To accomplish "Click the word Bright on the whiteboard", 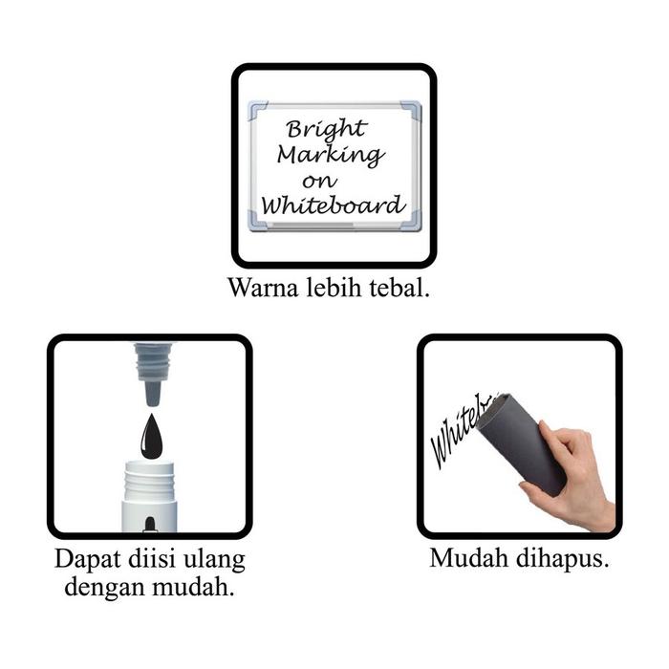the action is (x=327, y=129).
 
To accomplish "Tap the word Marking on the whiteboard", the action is (x=331, y=155).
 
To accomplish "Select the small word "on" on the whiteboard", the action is (x=319, y=182).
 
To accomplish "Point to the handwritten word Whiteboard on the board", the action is (x=333, y=205).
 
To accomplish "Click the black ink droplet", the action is (x=151, y=438).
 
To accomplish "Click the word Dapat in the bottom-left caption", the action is (x=88, y=560).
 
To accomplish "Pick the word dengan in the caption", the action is (x=105, y=587).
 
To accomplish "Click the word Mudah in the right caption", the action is (x=469, y=558).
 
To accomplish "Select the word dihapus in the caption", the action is (x=562, y=559).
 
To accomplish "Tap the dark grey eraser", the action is (x=521, y=443).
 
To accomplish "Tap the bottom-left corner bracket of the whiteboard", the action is (x=259, y=221).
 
